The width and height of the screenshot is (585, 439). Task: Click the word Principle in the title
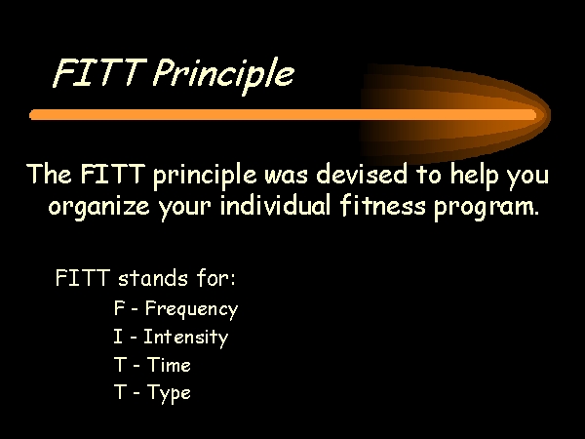(x=223, y=75)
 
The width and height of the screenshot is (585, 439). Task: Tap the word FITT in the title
(x=99, y=72)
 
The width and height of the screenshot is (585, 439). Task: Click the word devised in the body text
(x=362, y=175)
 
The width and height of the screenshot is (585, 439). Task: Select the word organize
(x=98, y=207)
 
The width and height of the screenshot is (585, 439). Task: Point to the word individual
(x=275, y=205)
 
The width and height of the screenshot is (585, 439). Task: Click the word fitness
(x=382, y=205)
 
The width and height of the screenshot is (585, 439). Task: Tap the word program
(x=487, y=209)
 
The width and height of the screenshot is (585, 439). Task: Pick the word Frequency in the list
(x=191, y=309)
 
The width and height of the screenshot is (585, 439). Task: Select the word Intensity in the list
(x=185, y=338)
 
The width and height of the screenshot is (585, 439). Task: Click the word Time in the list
(x=169, y=364)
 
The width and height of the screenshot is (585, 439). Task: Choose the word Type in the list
(x=169, y=393)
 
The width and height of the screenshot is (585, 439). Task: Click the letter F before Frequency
(x=119, y=308)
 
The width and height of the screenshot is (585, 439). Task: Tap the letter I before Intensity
(x=118, y=336)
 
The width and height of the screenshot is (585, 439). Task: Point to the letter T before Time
(x=120, y=364)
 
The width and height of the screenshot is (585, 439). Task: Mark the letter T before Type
(x=120, y=391)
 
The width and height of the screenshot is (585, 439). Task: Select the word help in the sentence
(x=474, y=176)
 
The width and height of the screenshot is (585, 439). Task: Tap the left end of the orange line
(x=31, y=114)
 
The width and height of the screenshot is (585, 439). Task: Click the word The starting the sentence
(x=50, y=174)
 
